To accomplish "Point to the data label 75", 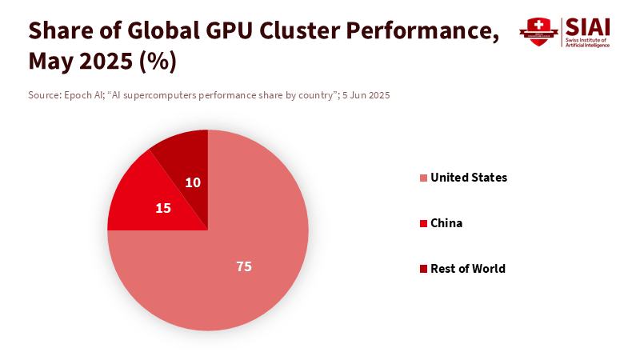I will click(244, 266).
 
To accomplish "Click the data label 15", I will click(163, 208).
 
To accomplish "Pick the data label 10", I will click(193, 182).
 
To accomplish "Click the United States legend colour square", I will click(423, 178).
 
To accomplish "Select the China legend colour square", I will click(423, 223).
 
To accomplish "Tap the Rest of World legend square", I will click(423, 269).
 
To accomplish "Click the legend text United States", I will click(469, 178).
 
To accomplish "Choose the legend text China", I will click(446, 223).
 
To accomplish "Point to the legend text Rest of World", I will click(468, 269).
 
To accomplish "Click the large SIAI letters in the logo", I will click(588, 26).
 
